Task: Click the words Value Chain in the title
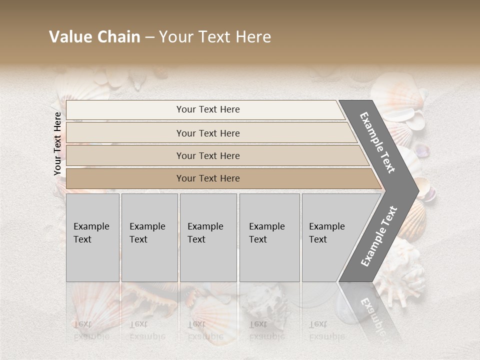[94, 37]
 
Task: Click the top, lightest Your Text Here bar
[207, 109]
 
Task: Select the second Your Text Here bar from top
[207, 133]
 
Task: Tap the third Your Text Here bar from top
[207, 155]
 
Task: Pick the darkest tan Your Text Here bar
[207, 178]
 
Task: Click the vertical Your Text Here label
[57, 143]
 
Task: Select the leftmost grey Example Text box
[92, 237]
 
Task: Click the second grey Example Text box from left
[149, 237]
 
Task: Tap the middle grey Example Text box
[208, 237]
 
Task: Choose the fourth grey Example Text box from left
[269, 237]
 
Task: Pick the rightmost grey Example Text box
[330, 237]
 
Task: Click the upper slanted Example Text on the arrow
[377, 142]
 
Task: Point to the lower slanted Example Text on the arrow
[379, 236]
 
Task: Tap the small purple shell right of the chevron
[422, 150]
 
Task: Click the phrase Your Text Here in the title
[215, 37]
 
